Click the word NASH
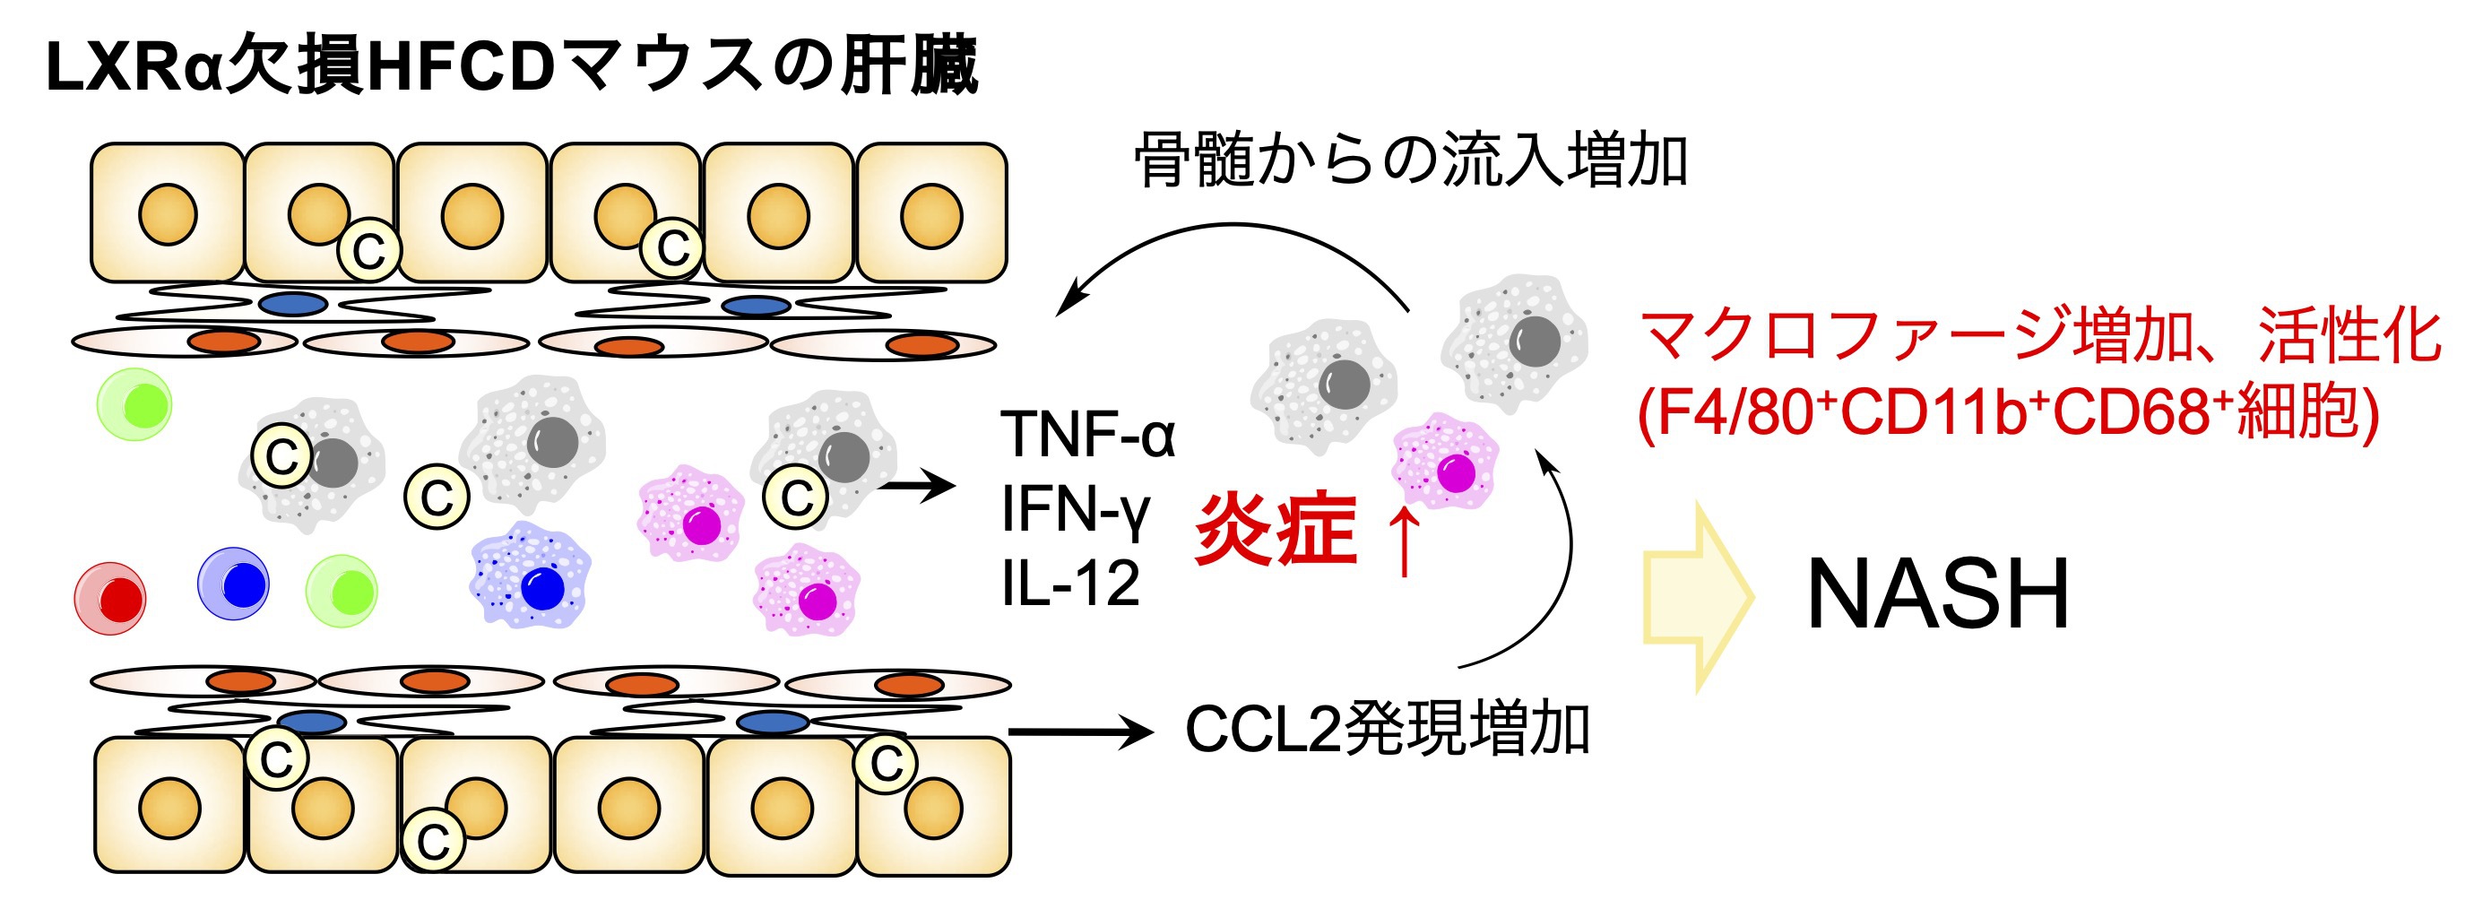1937,593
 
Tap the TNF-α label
1087,434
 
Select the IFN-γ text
1075,509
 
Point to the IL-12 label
1070,583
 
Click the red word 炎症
1275,528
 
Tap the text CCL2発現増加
1386,730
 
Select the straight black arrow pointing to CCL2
1079,732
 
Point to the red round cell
111,599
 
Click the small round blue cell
233,584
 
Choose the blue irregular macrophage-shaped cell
530,576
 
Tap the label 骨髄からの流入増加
1409,160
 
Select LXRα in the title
135,67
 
